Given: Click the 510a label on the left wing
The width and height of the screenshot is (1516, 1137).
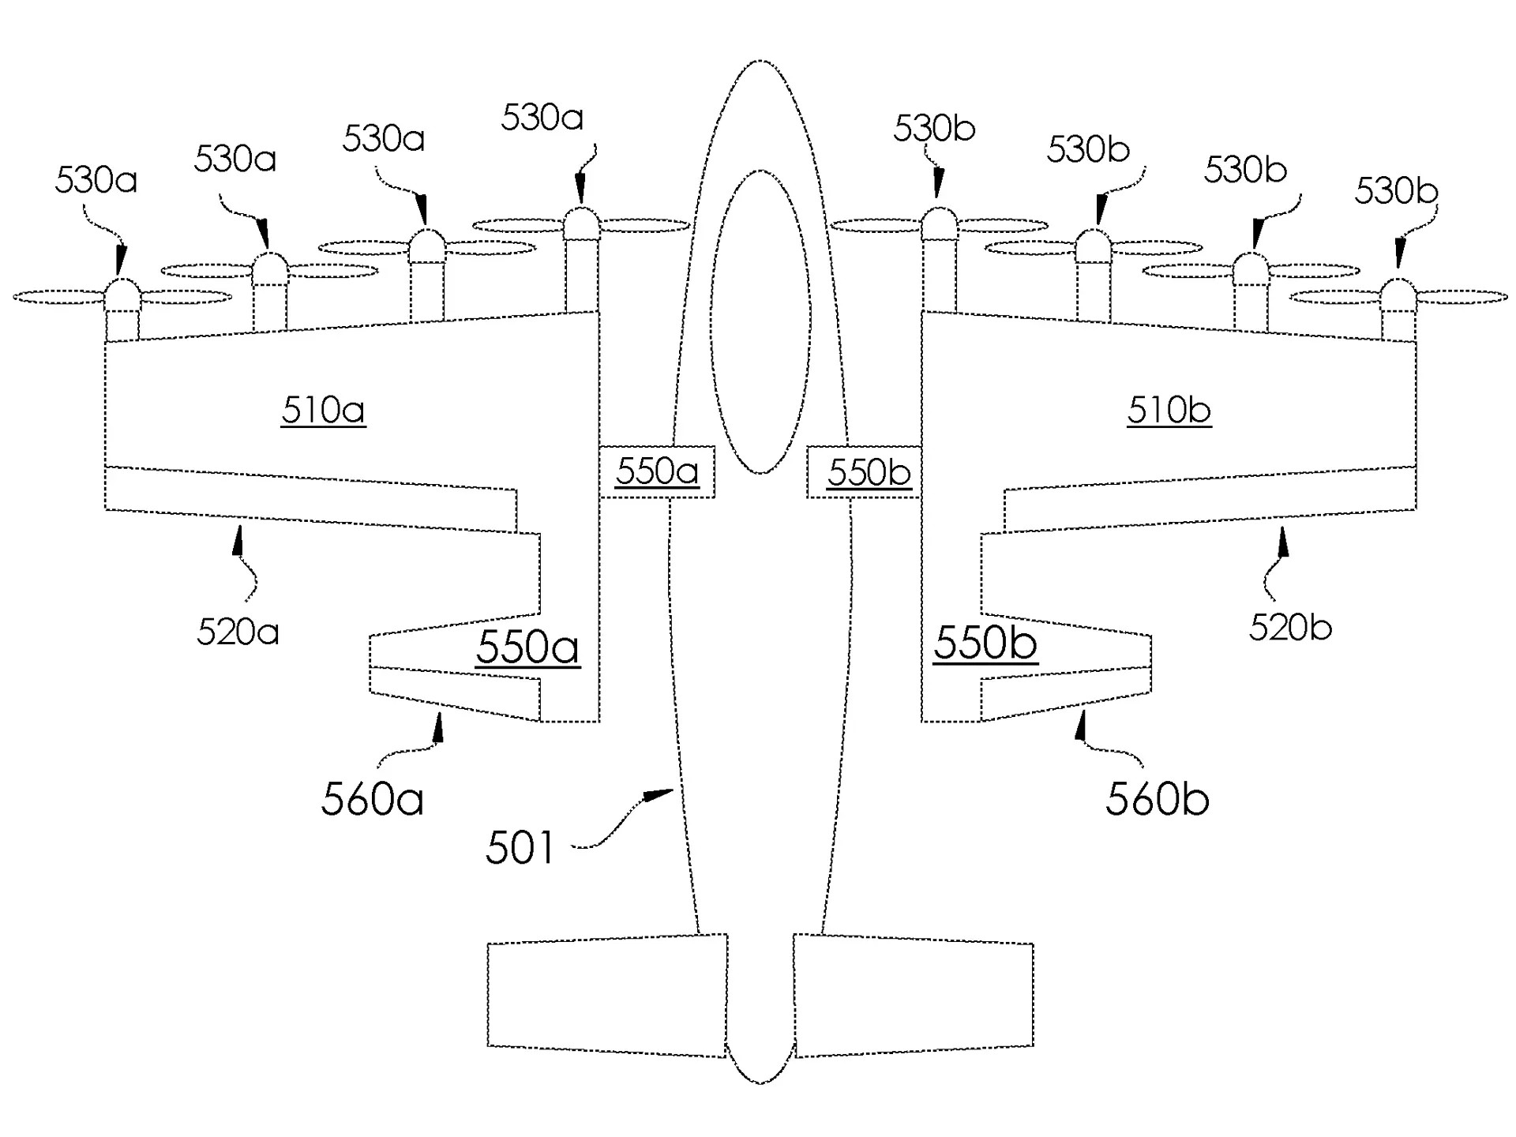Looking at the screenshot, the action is pyautogui.click(x=323, y=411).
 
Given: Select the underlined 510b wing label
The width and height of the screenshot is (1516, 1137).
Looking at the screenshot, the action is pyautogui.click(x=1169, y=411).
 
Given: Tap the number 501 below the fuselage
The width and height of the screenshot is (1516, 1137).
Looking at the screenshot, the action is pyautogui.click(x=520, y=848).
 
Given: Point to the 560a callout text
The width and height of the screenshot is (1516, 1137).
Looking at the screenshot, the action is pyautogui.click(x=372, y=799).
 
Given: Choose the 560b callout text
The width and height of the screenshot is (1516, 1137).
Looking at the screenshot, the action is pyautogui.click(x=1157, y=799).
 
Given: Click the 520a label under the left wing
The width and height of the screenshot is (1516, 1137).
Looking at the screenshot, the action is pyautogui.click(x=238, y=632).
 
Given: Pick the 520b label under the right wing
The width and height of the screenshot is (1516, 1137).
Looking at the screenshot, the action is pyautogui.click(x=1290, y=628).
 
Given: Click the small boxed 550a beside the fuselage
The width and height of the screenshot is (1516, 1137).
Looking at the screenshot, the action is pyautogui.click(x=657, y=472).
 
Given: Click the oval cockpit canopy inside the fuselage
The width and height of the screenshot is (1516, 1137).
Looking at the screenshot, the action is pyautogui.click(x=760, y=322).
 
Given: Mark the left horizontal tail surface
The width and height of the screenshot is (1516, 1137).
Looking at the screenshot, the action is pyautogui.click(x=607, y=996).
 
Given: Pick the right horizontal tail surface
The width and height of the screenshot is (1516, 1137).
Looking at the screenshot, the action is pyautogui.click(x=914, y=996).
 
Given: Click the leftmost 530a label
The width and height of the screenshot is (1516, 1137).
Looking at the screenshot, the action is pyautogui.click(x=96, y=181).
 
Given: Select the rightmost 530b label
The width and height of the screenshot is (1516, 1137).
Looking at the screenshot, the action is pyautogui.click(x=1396, y=191).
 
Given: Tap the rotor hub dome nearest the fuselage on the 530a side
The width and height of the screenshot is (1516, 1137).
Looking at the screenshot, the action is pyautogui.click(x=581, y=223).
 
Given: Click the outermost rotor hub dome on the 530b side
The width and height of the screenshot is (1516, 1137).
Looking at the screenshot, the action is pyautogui.click(x=1398, y=295).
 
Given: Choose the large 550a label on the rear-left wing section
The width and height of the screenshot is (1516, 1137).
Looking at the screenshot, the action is pyautogui.click(x=527, y=647).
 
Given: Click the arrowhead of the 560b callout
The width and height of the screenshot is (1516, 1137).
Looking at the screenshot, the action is pyautogui.click(x=1082, y=725).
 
